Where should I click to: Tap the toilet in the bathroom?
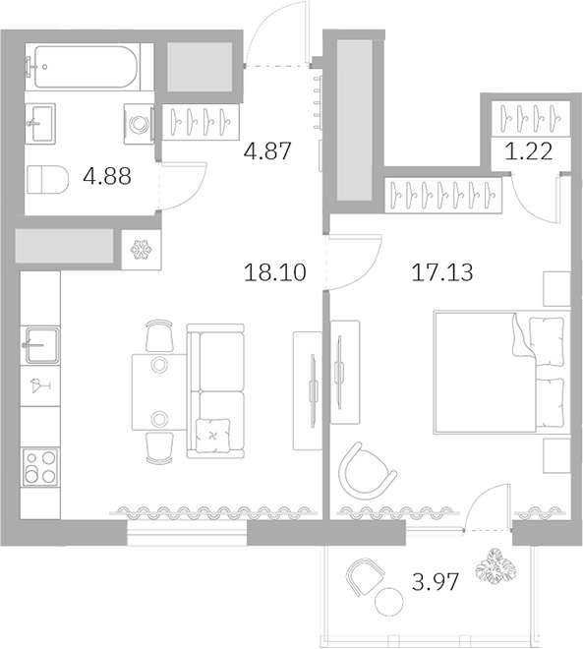tap(46, 180)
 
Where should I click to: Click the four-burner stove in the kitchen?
tap(40, 465)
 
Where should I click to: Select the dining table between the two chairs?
tap(157, 391)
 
